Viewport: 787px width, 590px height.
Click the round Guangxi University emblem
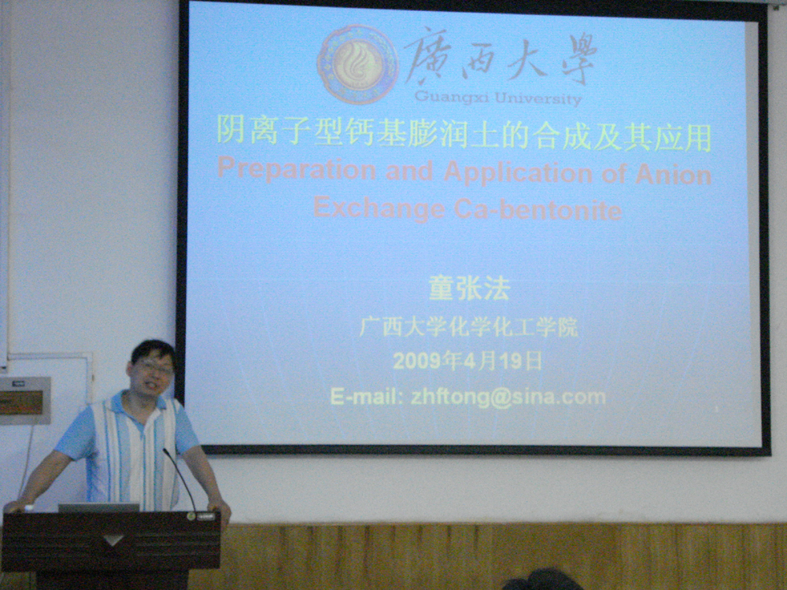(357, 65)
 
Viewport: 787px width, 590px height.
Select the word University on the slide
(538, 98)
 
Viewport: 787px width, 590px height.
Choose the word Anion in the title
(674, 175)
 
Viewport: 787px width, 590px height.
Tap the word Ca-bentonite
(538, 210)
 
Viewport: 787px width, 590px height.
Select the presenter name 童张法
(469, 289)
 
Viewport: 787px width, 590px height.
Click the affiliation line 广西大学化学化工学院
(468, 327)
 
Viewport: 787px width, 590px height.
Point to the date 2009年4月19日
(467, 361)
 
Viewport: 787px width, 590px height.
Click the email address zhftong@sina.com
(508, 397)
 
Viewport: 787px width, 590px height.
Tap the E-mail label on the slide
(367, 397)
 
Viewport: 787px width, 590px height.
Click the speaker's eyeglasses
(153, 368)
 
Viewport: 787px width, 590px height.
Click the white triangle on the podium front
(113, 540)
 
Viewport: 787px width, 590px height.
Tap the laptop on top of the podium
(98, 507)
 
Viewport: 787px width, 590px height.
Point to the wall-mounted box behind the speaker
(25, 400)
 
